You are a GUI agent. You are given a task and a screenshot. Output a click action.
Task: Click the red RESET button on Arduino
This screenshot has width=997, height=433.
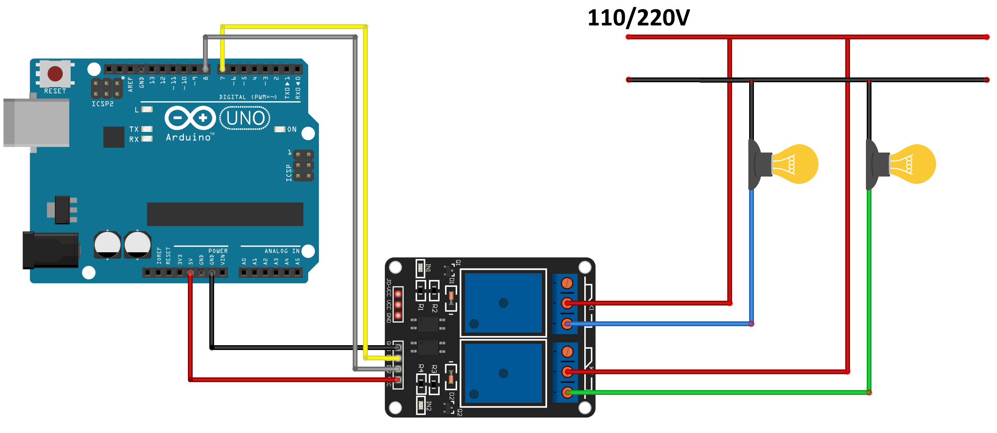tap(55, 73)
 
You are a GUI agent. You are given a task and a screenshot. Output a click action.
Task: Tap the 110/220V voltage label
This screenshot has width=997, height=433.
tap(638, 18)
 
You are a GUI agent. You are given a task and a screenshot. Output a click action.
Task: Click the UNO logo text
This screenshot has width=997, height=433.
tap(245, 118)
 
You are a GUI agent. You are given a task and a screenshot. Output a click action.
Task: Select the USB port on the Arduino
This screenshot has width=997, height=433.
tap(36, 123)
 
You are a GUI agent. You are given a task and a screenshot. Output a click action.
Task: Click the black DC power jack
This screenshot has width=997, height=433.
tap(50, 250)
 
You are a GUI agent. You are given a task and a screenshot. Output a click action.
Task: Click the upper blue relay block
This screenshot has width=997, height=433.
tap(503, 303)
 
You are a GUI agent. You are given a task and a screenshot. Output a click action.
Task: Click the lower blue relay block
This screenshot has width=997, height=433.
tap(503, 373)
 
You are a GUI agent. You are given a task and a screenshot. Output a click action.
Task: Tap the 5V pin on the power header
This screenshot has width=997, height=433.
tap(190, 273)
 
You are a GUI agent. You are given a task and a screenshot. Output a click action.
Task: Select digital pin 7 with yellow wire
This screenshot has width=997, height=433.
tap(222, 69)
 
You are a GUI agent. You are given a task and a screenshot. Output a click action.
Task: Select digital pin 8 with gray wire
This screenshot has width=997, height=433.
tap(205, 69)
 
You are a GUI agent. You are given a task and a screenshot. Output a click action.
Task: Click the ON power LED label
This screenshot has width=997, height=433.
tap(292, 130)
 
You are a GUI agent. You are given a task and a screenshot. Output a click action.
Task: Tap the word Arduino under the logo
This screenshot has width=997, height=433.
tap(189, 137)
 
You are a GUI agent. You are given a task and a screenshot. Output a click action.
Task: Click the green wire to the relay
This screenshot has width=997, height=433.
tap(715, 392)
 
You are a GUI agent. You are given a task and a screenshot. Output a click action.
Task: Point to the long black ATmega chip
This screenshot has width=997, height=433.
tap(225, 214)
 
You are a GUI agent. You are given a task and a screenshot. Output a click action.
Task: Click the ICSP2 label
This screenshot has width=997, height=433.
tap(102, 104)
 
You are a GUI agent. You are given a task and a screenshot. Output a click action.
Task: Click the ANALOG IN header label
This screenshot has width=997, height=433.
tap(282, 251)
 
